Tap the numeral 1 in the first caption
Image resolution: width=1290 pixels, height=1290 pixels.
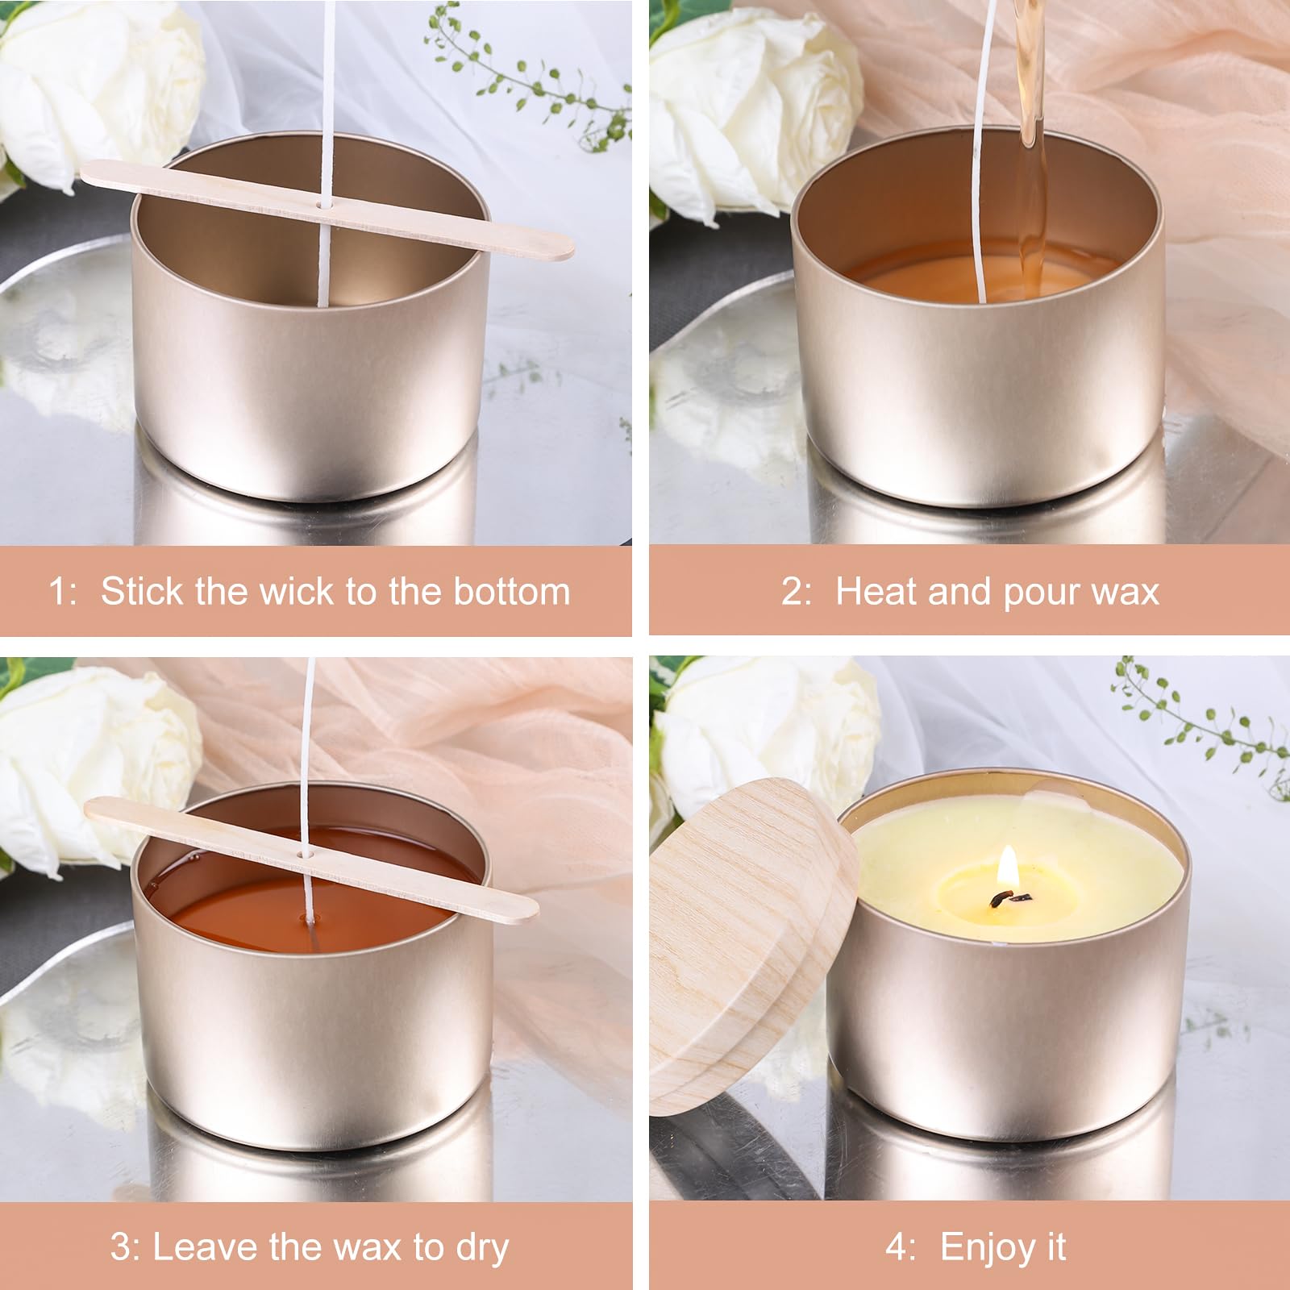coord(59,591)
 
